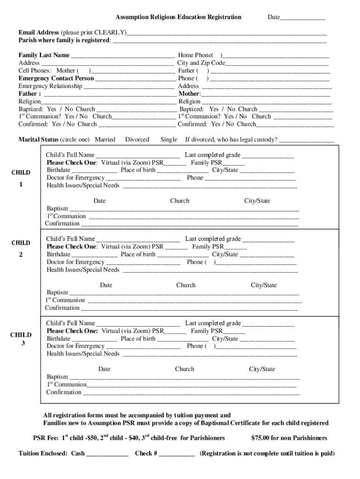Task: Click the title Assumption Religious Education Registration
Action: pos(178,17)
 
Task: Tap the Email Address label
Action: pos(39,33)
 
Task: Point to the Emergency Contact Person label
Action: pos(56,78)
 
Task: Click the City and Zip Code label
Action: pos(201,63)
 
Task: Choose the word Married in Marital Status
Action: pos(105,139)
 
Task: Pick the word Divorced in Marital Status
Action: pos(137,139)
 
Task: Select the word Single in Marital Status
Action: pos(169,139)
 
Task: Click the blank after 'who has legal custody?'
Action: pos(306,140)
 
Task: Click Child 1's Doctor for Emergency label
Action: pos(75,178)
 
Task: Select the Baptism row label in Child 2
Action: pos(57,292)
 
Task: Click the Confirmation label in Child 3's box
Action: pos(63,392)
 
